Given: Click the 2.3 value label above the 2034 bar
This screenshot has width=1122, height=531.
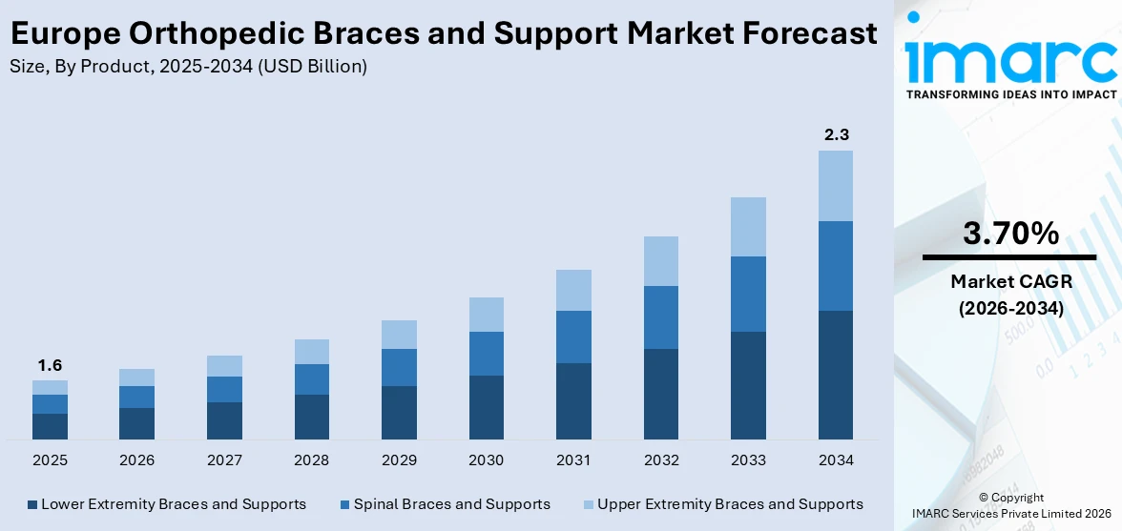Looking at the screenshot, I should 836,134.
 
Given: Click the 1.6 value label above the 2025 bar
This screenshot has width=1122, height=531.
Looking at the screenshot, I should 50,365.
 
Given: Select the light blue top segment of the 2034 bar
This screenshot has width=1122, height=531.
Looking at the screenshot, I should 836,186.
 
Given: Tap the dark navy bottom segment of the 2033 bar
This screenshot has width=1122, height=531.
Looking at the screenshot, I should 748,385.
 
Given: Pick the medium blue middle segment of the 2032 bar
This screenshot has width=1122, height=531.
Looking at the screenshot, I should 661,317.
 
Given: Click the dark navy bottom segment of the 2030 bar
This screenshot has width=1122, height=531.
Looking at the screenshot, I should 487,407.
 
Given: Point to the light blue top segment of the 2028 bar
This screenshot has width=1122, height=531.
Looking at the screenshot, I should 312,352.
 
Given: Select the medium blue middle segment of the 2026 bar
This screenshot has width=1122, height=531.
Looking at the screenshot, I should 137,397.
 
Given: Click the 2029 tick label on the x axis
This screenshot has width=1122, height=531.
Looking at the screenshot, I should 399,460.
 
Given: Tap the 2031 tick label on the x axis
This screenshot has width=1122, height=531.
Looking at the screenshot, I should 573,460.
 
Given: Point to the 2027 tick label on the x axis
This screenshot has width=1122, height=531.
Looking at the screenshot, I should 224,460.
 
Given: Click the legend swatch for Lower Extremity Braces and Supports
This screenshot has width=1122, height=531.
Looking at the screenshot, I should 32,504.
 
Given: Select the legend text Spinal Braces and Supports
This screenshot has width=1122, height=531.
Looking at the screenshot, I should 451,504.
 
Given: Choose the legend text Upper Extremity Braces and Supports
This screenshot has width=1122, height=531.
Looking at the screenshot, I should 730,504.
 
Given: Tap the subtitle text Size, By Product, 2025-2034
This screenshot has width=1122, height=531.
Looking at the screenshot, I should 143,67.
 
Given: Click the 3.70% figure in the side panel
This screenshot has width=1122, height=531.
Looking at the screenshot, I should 1009,234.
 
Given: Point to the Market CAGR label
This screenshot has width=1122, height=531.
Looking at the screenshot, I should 1009,281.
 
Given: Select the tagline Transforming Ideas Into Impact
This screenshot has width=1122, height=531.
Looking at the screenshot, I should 1010,94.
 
